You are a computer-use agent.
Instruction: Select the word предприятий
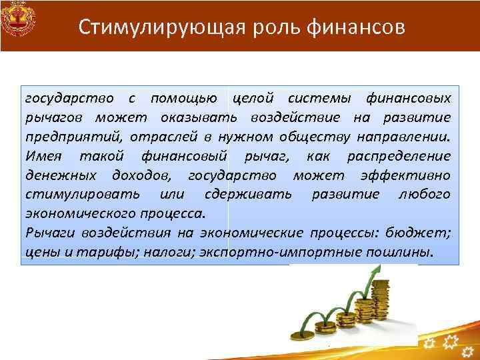point(65,137)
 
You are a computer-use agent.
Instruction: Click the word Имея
point(43,157)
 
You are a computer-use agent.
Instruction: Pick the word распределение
point(399,157)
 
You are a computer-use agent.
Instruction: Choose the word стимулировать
point(82,195)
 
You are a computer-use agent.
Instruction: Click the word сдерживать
point(248,195)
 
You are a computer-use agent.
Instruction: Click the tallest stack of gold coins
point(382,300)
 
